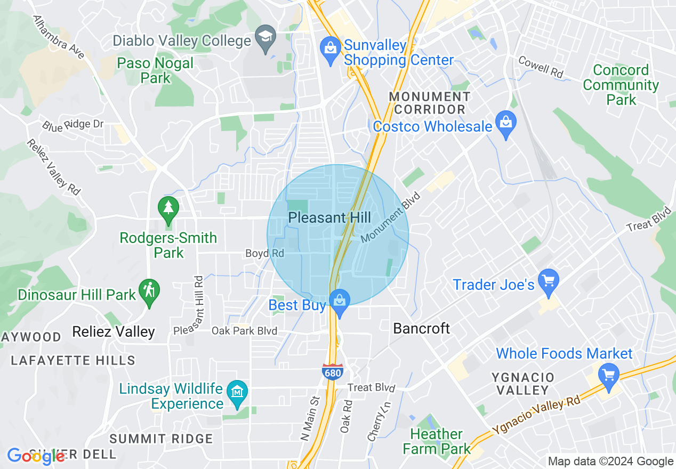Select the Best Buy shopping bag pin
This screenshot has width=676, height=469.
click(x=339, y=302)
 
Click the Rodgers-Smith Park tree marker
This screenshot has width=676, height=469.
click(x=168, y=207)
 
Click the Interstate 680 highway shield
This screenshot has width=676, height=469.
click(x=332, y=371)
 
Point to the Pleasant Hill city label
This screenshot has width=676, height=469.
click(x=329, y=217)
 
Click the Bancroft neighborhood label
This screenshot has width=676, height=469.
click(x=421, y=328)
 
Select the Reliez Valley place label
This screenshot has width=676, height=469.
click(x=114, y=332)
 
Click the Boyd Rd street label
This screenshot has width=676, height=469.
click(x=264, y=253)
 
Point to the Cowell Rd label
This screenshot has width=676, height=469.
click(x=541, y=67)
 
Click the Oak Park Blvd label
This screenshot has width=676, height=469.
click(x=244, y=331)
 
